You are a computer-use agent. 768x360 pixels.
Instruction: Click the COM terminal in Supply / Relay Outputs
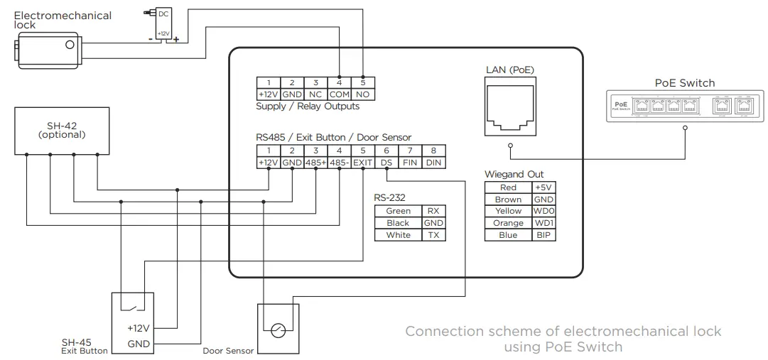point(339,94)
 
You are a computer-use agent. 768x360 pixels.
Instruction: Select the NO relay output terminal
point(363,94)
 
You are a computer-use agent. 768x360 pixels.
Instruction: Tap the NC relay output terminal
point(315,94)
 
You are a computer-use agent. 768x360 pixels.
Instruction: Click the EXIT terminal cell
point(363,163)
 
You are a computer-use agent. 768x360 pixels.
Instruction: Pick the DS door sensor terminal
point(386,163)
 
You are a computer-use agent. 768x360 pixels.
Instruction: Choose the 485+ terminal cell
point(315,163)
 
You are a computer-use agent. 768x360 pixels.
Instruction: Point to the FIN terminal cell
point(410,163)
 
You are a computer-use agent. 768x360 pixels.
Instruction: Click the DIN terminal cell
point(433,163)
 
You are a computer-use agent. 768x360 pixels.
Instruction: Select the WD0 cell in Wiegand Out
point(543,211)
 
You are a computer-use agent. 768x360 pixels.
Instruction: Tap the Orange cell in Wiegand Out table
point(508,223)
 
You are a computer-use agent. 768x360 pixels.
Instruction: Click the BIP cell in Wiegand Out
point(543,235)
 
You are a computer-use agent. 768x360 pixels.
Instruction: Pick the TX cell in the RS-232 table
point(433,235)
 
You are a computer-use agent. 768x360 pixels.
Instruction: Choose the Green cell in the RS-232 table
point(398,211)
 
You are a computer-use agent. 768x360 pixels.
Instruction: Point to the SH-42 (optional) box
point(61,130)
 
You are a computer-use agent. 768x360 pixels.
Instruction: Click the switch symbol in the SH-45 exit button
point(135,305)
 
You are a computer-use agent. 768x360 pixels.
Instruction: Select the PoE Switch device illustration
point(685,107)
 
